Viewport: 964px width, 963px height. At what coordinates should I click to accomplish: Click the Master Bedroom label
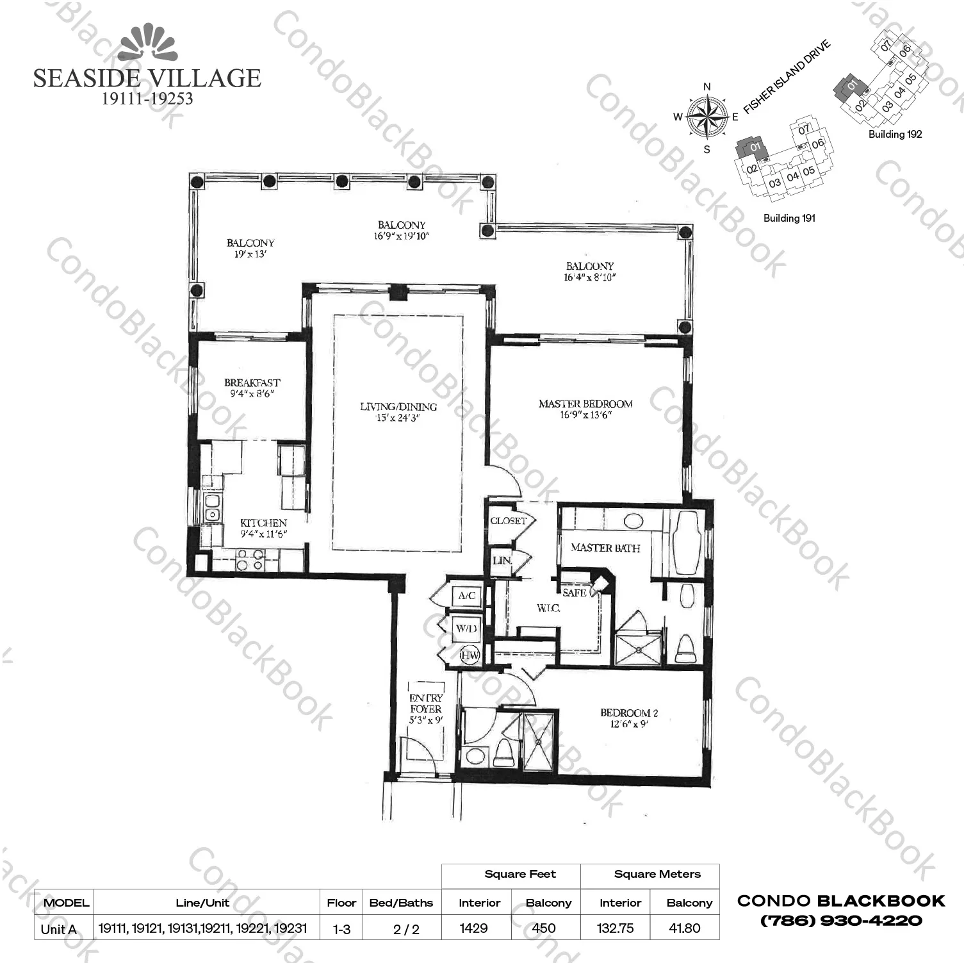point(585,404)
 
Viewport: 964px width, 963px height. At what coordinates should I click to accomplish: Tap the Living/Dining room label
point(398,407)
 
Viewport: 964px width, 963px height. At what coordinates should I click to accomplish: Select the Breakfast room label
point(252,383)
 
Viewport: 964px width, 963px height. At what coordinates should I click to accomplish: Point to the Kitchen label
point(263,523)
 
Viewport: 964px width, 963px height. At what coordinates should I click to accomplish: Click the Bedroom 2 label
point(628,713)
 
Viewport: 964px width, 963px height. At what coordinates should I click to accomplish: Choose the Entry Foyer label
point(426,704)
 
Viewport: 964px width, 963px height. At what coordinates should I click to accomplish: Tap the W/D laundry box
point(466,629)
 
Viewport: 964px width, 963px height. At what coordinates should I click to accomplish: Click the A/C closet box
point(467,596)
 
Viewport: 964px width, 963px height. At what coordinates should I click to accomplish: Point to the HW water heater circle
point(470,655)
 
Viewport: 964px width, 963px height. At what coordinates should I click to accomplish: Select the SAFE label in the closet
point(575,593)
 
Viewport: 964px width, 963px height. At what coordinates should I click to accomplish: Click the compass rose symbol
point(707,117)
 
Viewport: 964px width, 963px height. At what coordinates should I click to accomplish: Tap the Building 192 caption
point(895,135)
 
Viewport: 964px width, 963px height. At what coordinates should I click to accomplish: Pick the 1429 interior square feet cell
point(474,928)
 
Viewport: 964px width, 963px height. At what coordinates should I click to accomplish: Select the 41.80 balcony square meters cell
point(684,928)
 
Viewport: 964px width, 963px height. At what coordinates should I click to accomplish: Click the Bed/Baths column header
point(401,903)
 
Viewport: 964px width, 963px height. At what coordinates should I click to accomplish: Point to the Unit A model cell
point(58,929)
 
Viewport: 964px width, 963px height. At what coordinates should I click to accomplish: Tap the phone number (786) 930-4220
point(841,921)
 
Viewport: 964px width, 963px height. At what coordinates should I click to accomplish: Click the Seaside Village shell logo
point(148,43)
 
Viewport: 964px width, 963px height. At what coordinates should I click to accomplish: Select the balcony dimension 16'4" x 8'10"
point(589,277)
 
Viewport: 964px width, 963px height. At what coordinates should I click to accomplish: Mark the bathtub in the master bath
point(687,543)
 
